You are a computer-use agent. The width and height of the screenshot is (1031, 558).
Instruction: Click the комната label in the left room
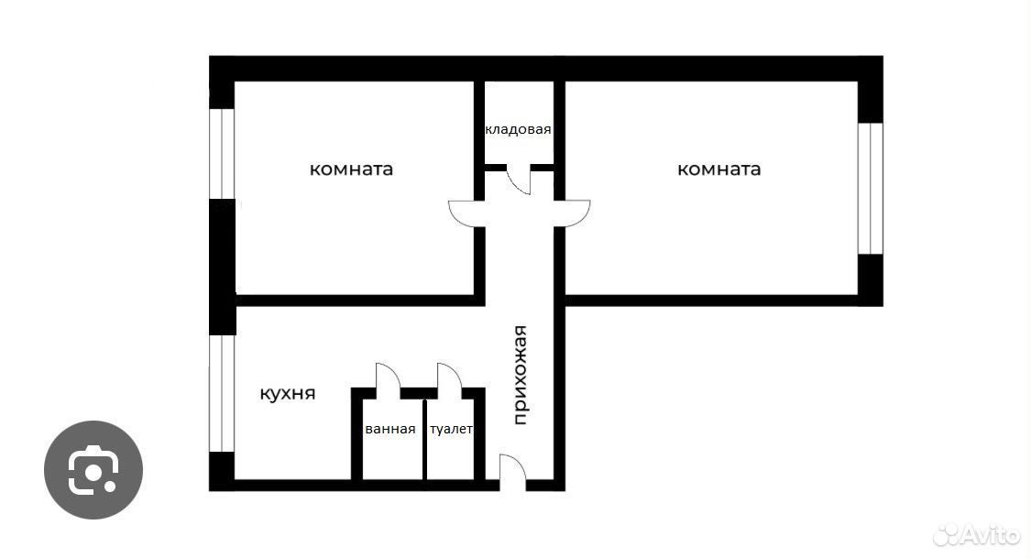[351, 170]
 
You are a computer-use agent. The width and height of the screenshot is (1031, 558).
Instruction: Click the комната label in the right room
[718, 170]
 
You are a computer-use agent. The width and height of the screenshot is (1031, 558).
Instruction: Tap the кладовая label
[518, 130]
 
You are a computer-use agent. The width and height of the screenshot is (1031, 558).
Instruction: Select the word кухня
[288, 394]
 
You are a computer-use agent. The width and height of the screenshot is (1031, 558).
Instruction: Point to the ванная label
[389, 429]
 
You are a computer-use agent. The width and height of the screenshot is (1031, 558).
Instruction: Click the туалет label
[451, 429]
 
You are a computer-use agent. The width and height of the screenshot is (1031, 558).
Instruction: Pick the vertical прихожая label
[521, 376]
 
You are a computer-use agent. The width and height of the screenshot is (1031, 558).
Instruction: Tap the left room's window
[223, 154]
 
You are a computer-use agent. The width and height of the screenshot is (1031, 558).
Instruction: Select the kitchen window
[223, 394]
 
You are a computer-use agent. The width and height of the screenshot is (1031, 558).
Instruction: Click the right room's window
[871, 189]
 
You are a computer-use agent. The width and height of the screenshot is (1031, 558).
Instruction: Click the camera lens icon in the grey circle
[93, 470]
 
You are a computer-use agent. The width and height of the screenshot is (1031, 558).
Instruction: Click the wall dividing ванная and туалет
[424, 439]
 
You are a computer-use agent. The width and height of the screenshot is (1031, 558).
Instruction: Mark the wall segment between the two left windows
[223, 267]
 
